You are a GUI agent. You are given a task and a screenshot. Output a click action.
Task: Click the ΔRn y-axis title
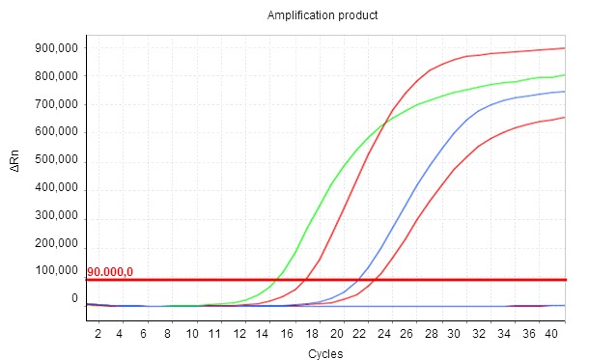click(x=14, y=166)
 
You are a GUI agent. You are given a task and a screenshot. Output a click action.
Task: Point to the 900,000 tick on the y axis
click(x=56, y=48)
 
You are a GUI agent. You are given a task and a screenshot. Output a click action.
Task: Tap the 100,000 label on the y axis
click(x=56, y=270)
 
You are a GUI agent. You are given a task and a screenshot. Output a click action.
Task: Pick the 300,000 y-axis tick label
click(x=56, y=215)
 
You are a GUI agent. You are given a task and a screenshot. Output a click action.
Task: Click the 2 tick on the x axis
click(x=98, y=333)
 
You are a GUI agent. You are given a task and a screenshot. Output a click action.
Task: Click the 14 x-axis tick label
click(x=265, y=333)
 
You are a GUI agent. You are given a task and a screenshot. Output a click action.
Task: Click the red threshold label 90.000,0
click(x=116, y=272)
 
